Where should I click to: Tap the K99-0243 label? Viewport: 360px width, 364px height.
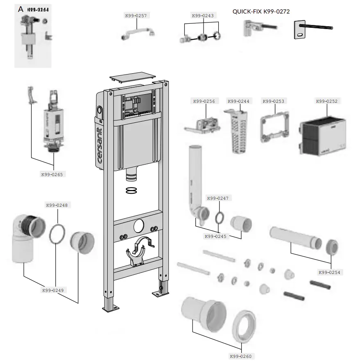[203, 16]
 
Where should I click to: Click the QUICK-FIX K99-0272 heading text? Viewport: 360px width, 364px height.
[261, 11]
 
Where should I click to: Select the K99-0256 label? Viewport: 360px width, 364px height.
[204, 101]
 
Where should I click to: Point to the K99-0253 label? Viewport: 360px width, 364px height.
[274, 101]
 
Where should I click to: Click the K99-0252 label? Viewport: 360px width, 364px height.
[327, 101]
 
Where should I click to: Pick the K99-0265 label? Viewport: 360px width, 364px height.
[52, 174]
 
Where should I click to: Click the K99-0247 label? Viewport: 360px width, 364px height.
[218, 198]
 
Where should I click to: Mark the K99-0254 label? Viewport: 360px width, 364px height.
[329, 272]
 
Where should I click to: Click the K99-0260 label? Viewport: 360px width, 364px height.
[241, 356]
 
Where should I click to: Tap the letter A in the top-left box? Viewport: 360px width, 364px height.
[20, 9]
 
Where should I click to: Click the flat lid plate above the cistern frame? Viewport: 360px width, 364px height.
[132, 78]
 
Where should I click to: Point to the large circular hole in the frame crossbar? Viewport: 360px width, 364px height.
[139, 224]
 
